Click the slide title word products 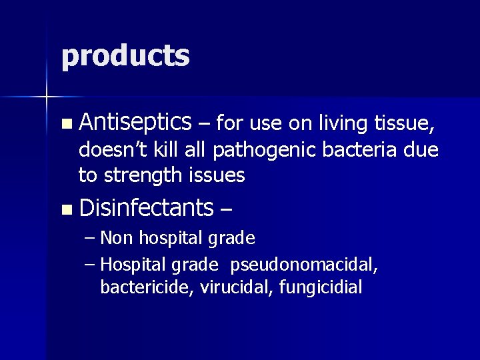125,56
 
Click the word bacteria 364,150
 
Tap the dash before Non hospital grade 91,238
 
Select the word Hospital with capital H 133,265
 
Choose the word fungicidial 320,288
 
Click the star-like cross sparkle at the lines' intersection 47,97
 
